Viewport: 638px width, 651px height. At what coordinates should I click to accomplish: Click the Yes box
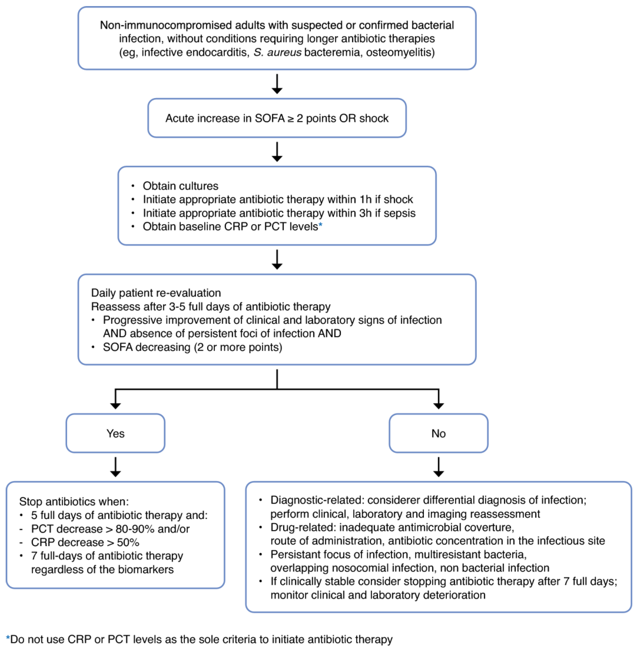click(115, 433)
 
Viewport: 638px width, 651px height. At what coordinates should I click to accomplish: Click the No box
click(438, 433)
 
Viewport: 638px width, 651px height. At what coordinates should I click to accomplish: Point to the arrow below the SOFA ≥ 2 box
click(277, 152)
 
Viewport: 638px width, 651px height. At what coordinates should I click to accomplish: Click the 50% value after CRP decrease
click(128, 542)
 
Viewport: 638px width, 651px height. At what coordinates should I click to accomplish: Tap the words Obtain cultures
click(180, 186)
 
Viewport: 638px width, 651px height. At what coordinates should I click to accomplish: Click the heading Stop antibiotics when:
click(74, 502)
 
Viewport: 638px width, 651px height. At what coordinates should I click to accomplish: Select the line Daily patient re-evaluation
click(156, 293)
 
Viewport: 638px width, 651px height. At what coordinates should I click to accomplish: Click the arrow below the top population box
click(277, 84)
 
